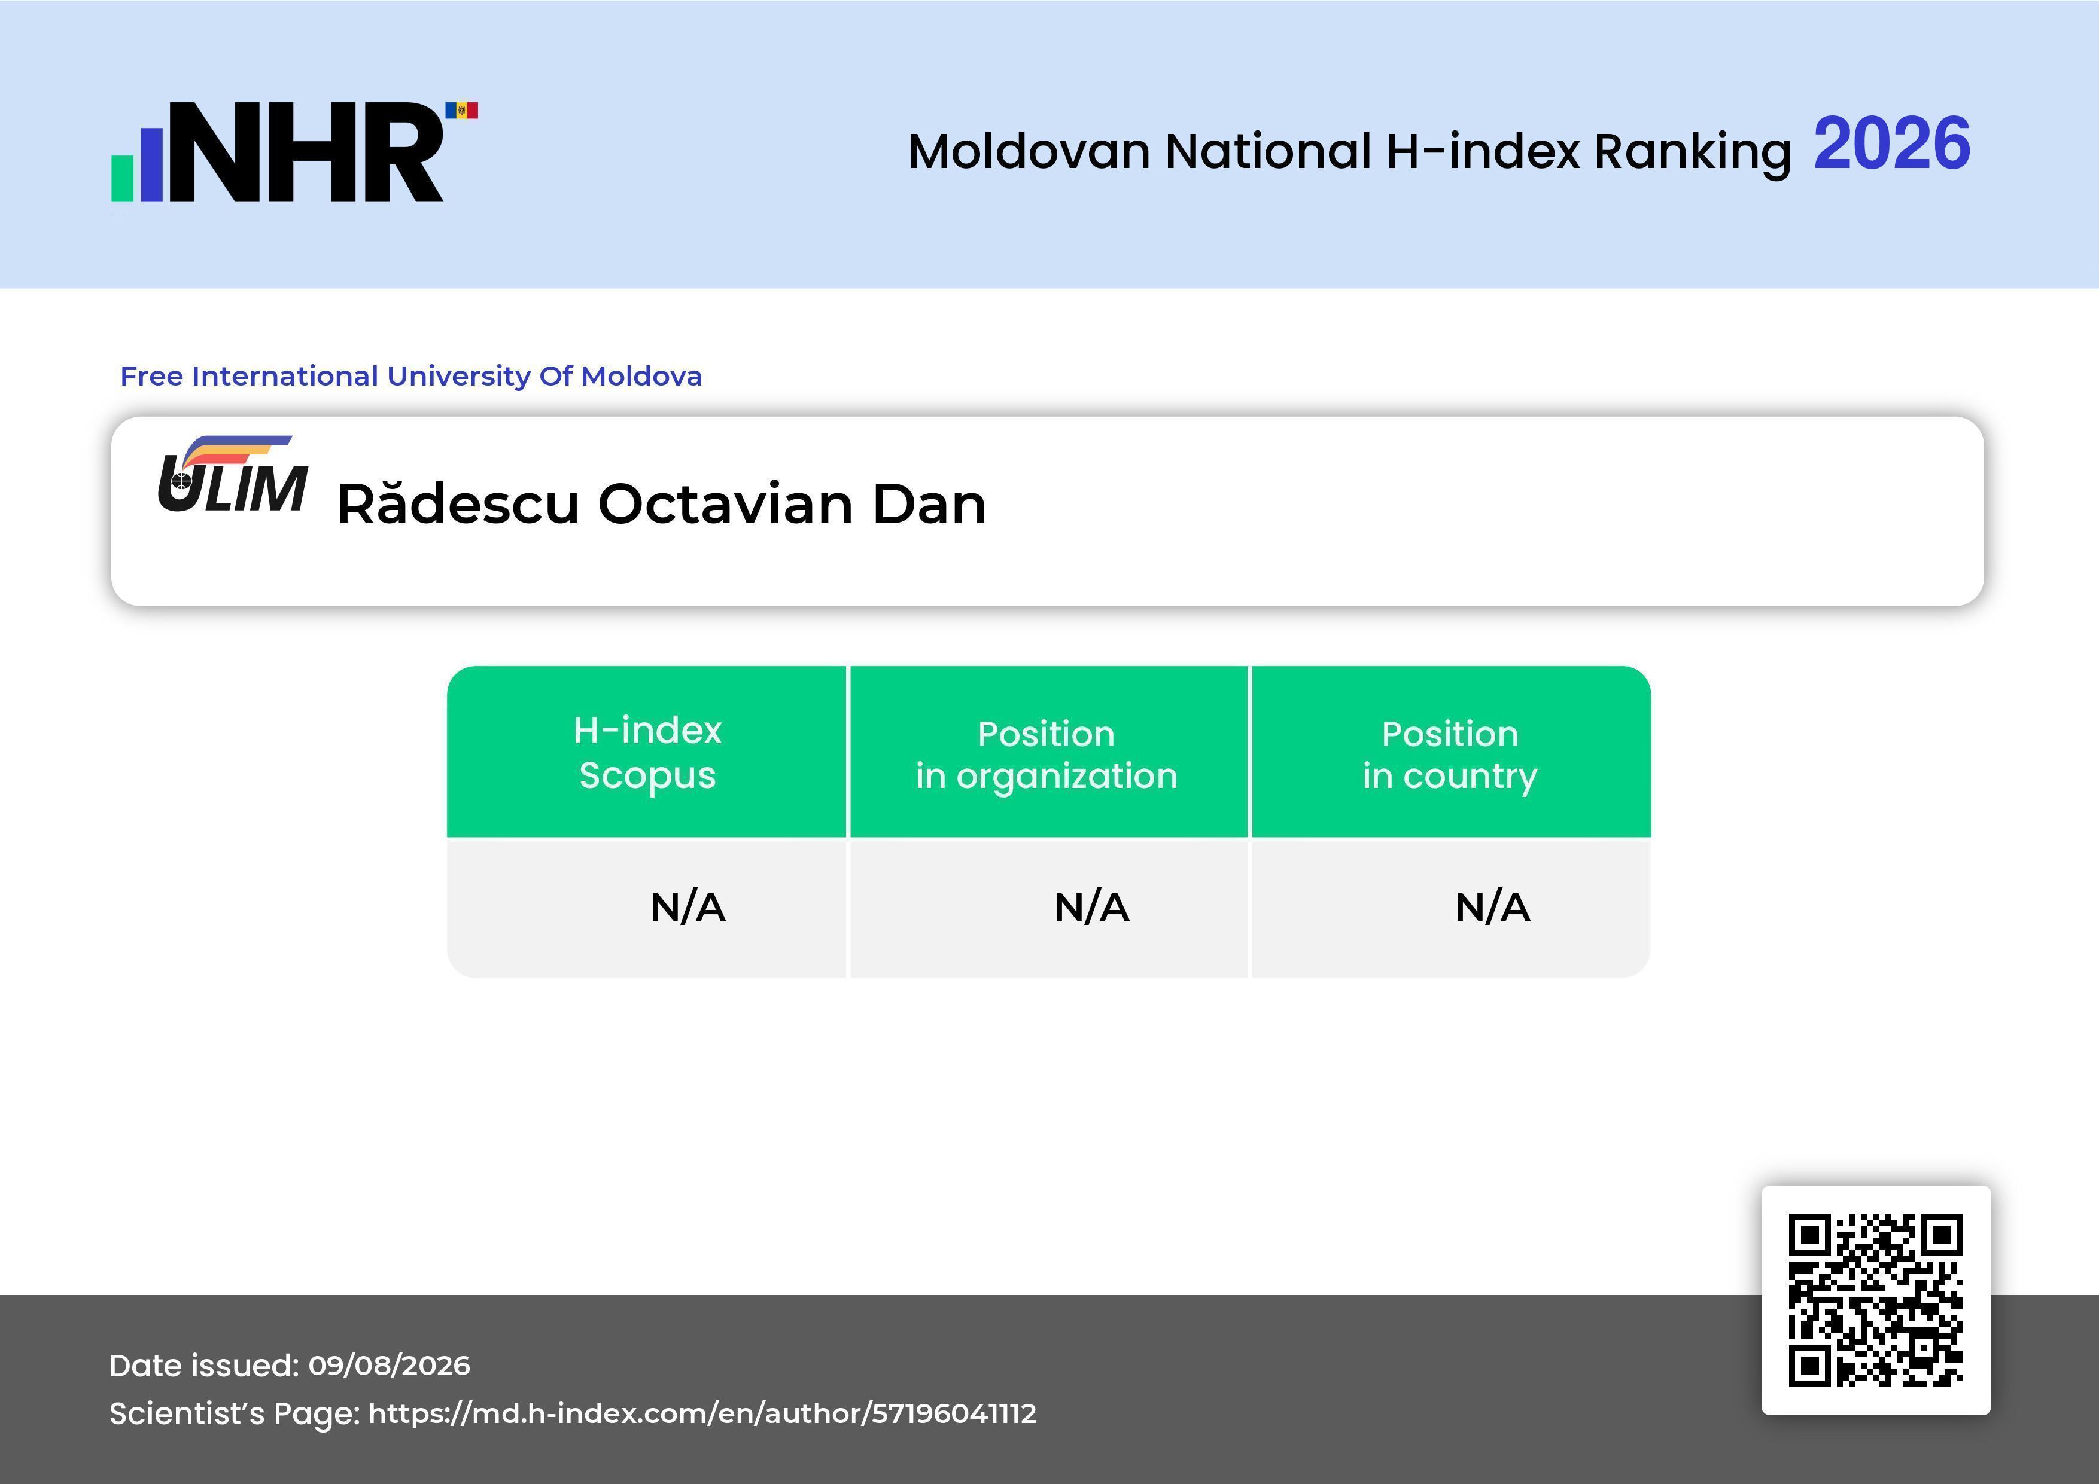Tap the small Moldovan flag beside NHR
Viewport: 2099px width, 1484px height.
[x=462, y=111]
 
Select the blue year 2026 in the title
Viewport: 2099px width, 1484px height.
[x=1891, y=143]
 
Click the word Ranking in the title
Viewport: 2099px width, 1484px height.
[x=1692, y=152]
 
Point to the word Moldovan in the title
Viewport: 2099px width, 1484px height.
[x=1029, y=152]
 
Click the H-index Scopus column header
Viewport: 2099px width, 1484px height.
[x=647, y=752]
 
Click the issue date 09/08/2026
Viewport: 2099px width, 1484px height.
[x=390, y=1365]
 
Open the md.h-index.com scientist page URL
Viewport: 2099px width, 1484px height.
[x=702, y=1413]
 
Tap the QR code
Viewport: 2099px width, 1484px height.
[x=1876, y=1300]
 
